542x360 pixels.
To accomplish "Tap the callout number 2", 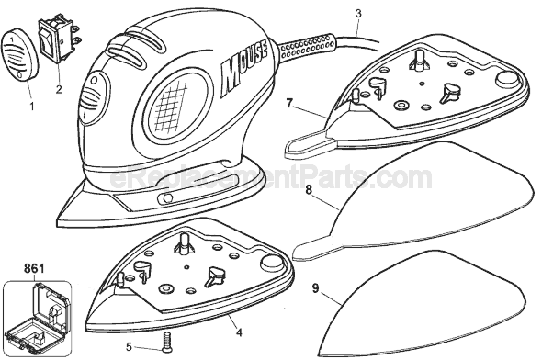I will click(x=59, y=90).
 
